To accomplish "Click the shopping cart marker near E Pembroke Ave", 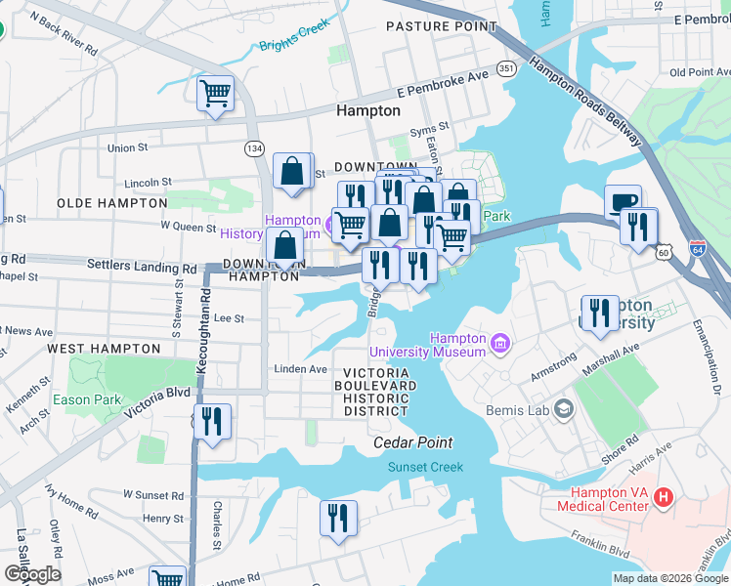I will tap(215, 95).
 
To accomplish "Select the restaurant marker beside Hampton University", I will tap(600, 314).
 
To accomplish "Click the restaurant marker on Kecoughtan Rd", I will tap(211, 422).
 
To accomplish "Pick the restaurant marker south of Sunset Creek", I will tap(338, 519).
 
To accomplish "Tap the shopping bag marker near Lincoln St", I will tap(292, 172).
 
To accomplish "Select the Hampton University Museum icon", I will tap(500, 343).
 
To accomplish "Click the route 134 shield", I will tap(254, 147).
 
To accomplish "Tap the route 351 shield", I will tap(506, 68).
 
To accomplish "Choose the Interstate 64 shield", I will tap(697, 248).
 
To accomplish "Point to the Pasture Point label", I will tap(441, 26).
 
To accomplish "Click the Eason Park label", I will tap(88, 399).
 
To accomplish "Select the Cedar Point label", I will tap(414, 442).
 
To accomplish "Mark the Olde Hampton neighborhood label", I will tap(112, 202).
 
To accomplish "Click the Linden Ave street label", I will tap(300, 369).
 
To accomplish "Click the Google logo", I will tap(32, 573).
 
